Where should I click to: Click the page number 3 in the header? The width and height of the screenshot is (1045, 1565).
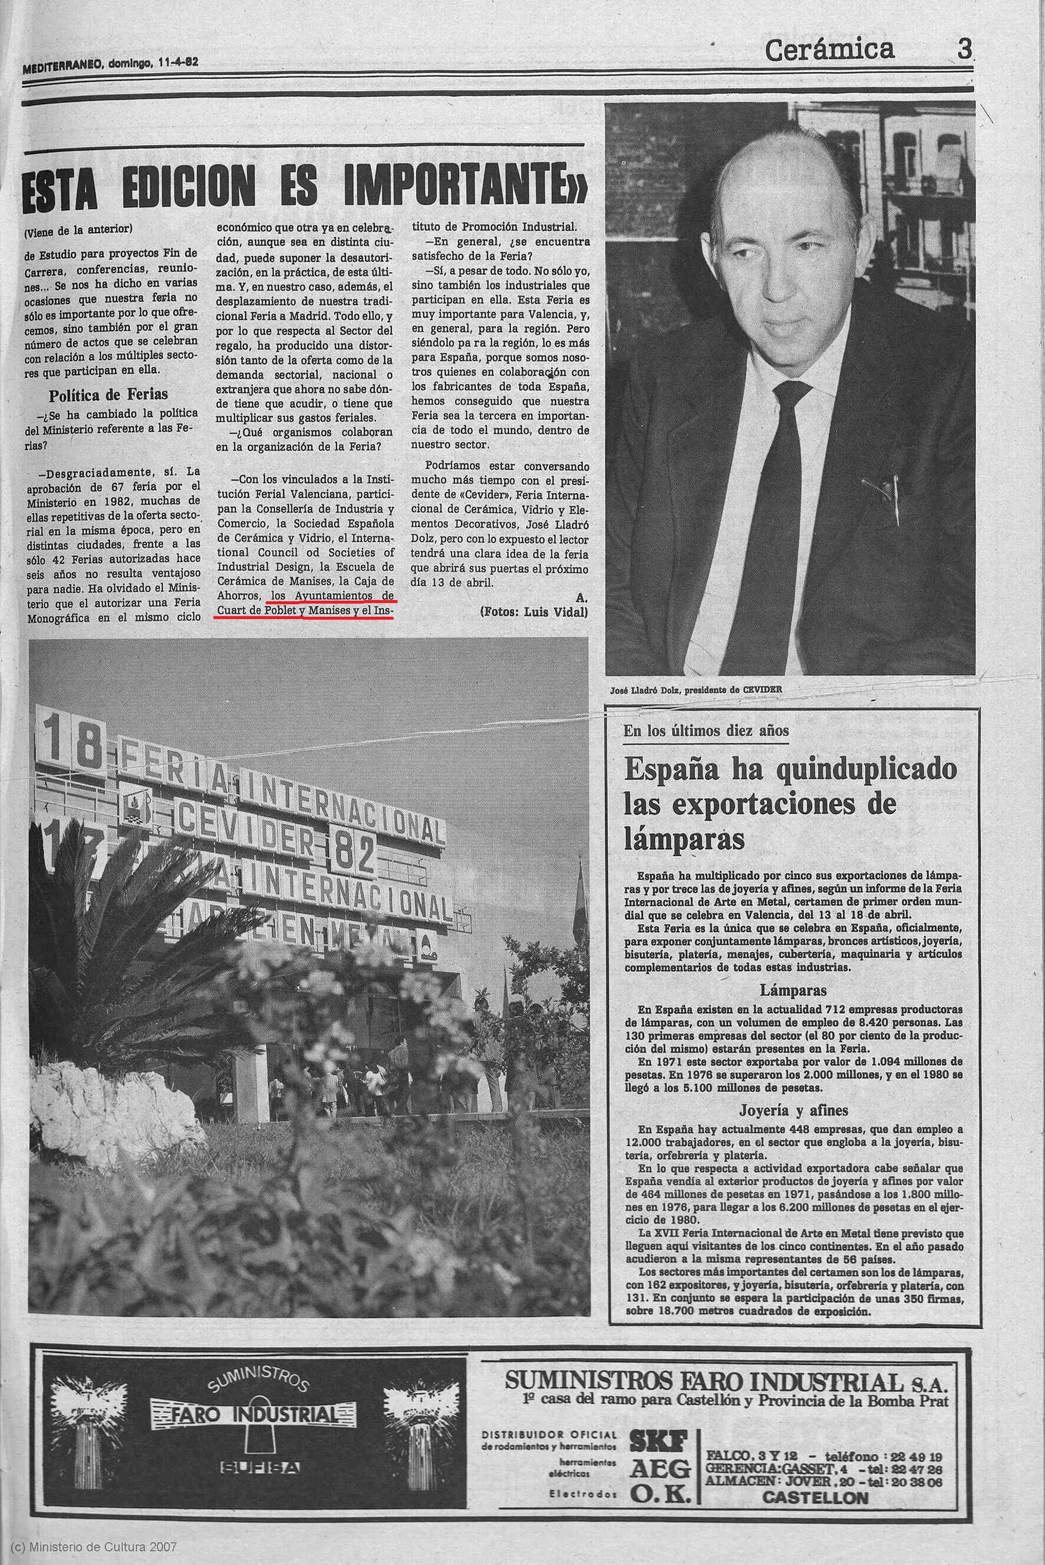point(963,50)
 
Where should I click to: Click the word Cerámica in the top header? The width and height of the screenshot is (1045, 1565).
point(829,49)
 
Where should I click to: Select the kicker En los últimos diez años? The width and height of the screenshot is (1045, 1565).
point(706,730)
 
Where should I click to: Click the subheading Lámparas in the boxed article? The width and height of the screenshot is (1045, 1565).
point(793,990)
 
